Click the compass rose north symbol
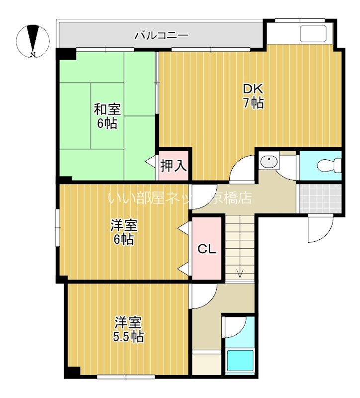tap(32, 39)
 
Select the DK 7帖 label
tap(253, 96)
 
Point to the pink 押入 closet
tap(174, 165)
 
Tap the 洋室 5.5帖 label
tap(128, 329)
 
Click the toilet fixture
tap(333, 165)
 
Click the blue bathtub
tap(240, 360)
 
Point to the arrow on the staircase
tap(241, 271)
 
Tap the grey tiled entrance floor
tap(319, 199)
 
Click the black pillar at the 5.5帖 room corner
tap(73, 372)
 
